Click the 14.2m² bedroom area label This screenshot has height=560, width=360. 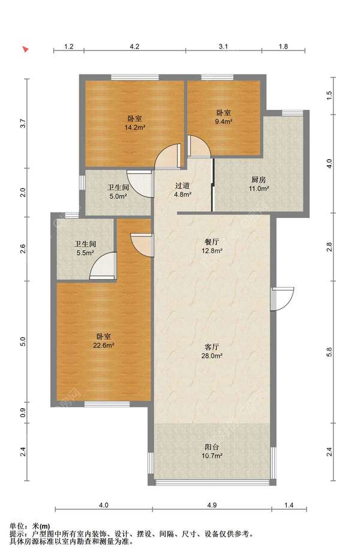click(134, 127)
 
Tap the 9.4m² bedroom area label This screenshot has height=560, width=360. click(224, 121)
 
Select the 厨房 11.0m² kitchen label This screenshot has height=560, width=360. click(259, 184)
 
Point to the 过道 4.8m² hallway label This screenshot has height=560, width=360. click(182, 190)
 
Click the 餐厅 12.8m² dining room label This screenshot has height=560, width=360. click(212, 246)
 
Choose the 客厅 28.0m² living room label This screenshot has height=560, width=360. click(212, 351)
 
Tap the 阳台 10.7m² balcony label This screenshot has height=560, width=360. click(212, 451)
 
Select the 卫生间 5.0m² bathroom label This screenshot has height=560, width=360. click(118, 191)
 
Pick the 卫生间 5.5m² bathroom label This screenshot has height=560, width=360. click(85, 248)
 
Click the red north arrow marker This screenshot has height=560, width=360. click(25, 49)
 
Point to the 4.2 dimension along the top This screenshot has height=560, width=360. click(134, 46)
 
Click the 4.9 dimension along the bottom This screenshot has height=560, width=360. click(212, 505)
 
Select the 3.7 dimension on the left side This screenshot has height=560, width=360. click(23, 123)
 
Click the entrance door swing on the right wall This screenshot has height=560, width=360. click(282, 299)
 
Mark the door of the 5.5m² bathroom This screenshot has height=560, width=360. click(103, 266)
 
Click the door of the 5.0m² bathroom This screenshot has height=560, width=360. click(140, 184)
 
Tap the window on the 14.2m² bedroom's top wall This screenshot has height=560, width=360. click(135, 77)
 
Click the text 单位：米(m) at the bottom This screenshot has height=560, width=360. click(29, 526)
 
